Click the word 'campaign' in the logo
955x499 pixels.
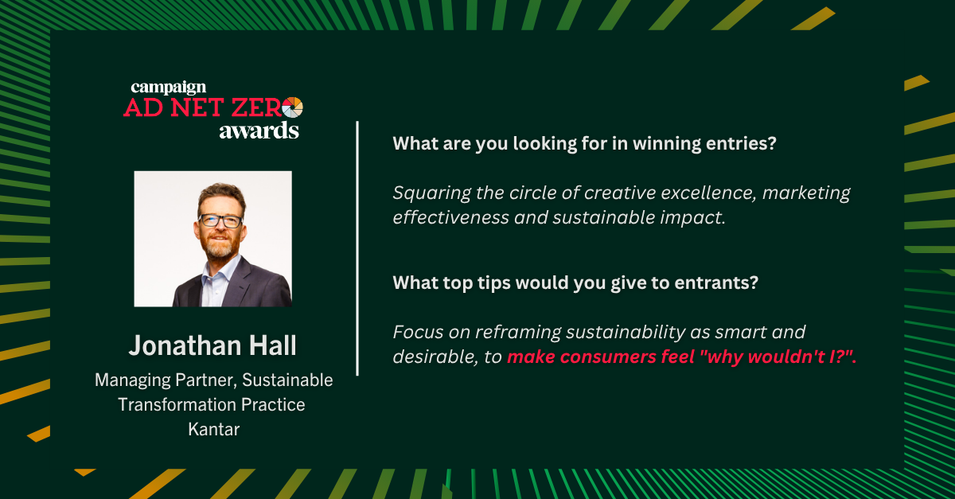click(169, 88)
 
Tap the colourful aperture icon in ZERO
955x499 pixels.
click(293, 107)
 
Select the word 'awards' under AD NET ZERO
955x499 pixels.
click(259, 131)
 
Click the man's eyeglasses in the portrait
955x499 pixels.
click(221, 220)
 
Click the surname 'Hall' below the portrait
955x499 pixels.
click(272, 345)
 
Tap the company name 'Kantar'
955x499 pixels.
click(213, 429)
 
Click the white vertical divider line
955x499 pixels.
click(357, 248)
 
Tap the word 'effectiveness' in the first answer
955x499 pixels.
click(450, 217)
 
